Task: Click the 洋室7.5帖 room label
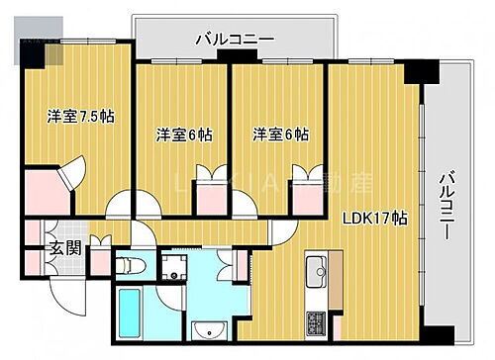(x=81, y=117)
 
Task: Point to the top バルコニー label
(x=235, y=40)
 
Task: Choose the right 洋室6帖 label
(x=278, y=135)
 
